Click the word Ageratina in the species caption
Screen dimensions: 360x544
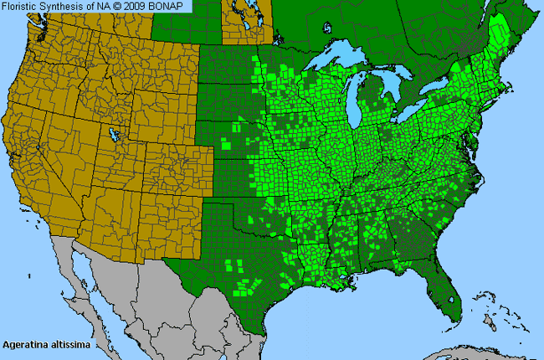pos(23,344)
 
